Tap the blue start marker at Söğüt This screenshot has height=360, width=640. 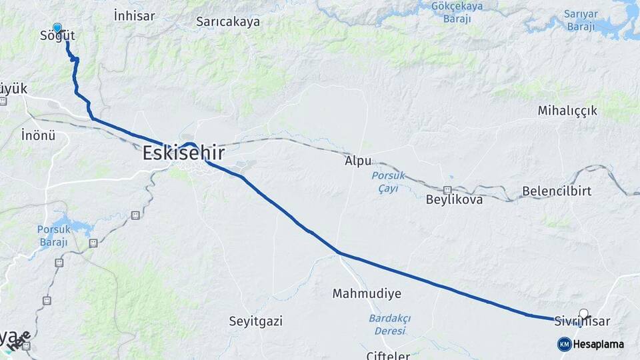click(57, 28)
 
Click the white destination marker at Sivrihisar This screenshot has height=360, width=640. click(584, 313)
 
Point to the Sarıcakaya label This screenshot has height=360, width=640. click(228, 21)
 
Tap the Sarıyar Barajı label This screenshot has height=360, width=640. click(581, 20)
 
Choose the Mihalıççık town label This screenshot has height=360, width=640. click(567, 111)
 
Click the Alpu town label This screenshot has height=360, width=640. click(358, 161)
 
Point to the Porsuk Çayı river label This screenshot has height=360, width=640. click(385, 182)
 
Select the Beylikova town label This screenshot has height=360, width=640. click(454, 199)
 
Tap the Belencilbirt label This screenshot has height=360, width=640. click(557, 191)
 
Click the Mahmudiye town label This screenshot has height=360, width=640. click(367, 293)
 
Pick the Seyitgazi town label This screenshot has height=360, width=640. click(255, 321)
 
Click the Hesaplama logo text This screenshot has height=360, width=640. click(599, 345)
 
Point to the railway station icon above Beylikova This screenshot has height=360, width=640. click(447, 190)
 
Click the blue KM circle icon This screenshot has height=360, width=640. click(564, 344)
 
